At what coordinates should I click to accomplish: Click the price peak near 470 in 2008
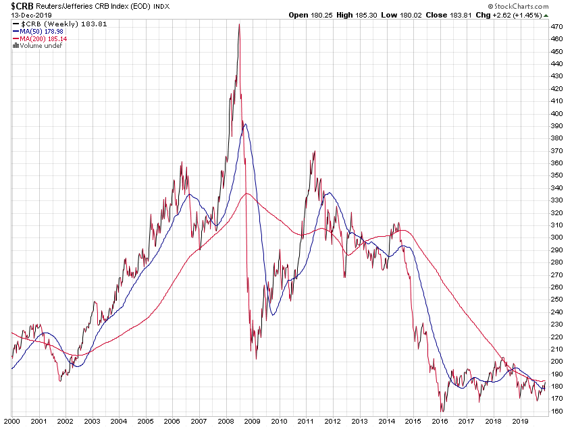[x=239, y=25]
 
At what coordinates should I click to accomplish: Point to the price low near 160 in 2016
[x=442, y=410]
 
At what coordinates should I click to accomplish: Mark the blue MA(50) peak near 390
[x=244, y=123]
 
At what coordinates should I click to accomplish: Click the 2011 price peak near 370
[x=315, y=152]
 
